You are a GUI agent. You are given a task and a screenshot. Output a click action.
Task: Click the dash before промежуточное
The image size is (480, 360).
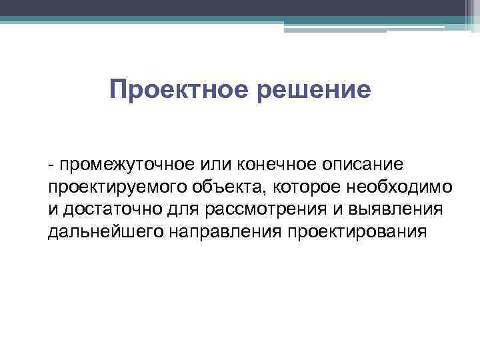point(51,164)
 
